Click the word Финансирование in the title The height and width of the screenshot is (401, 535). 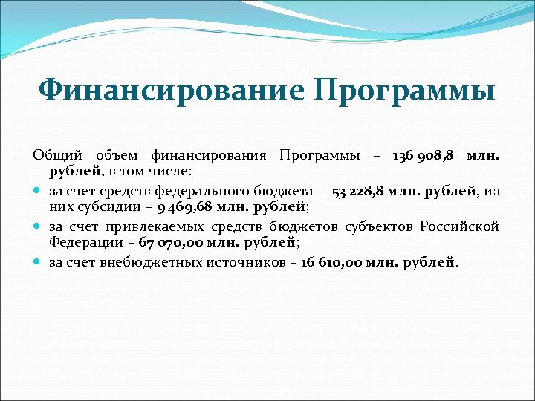tap(171, 91)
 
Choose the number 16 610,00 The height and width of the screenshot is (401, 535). tap(333, 262)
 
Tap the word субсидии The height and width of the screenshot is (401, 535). tap(104, 208)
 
